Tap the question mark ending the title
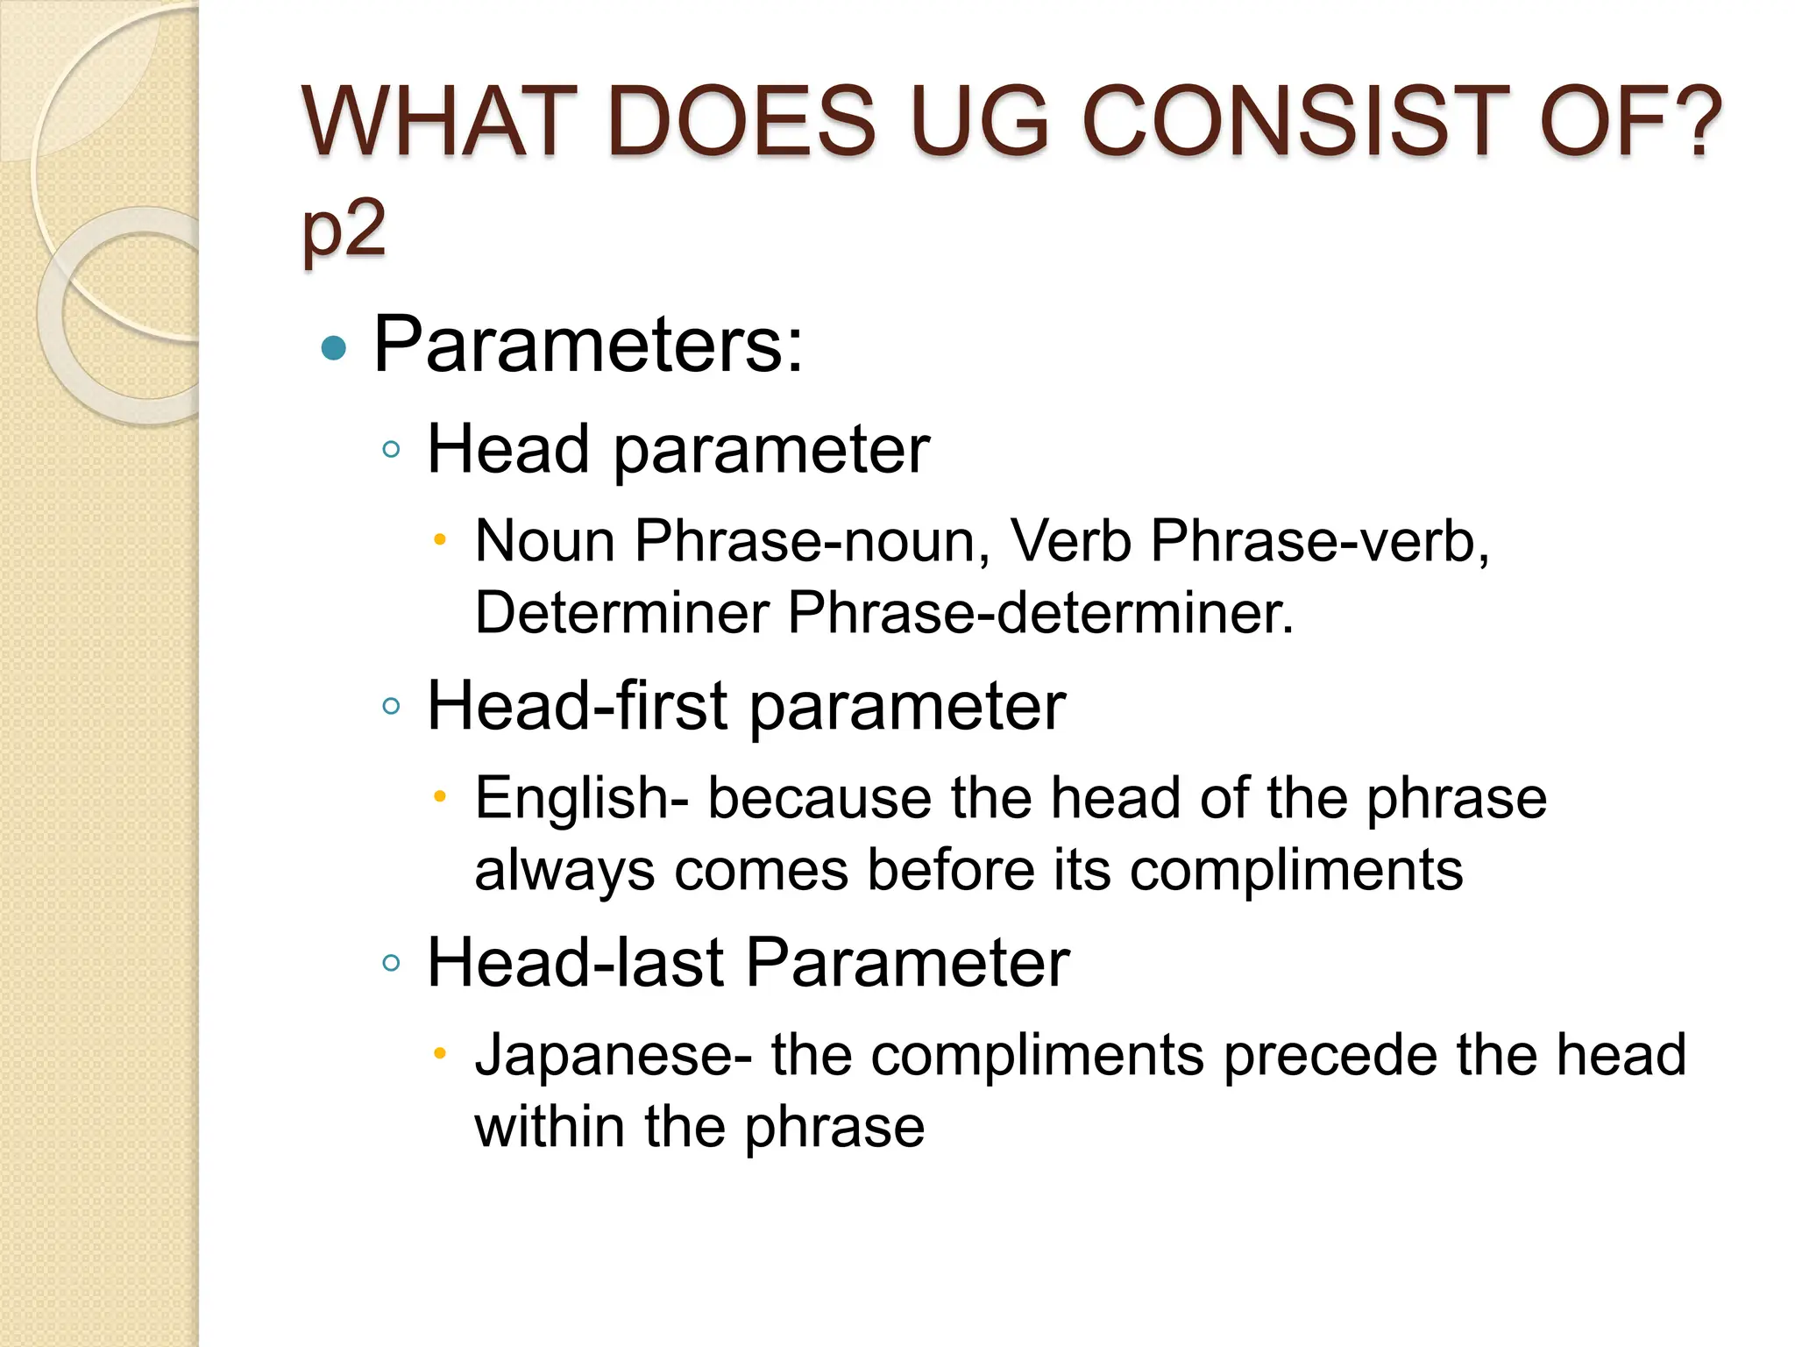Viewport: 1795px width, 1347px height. coord(1688,123)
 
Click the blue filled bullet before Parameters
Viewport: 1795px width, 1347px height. coord(334,349)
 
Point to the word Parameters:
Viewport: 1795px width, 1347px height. coord(588,346)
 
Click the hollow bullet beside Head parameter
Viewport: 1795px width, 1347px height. coord(392,451)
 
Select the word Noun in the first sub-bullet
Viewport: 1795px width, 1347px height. coord(545,541)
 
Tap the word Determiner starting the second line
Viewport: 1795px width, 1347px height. coord(621,613)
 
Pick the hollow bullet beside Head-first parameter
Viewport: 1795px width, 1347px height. coord(392,707)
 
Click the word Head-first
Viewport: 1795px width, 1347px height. coord(577,707)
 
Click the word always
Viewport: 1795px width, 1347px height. coord(564,872)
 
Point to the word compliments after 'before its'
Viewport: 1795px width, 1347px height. coord(1296,872)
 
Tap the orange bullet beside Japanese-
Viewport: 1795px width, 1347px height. coord(441,1052)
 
